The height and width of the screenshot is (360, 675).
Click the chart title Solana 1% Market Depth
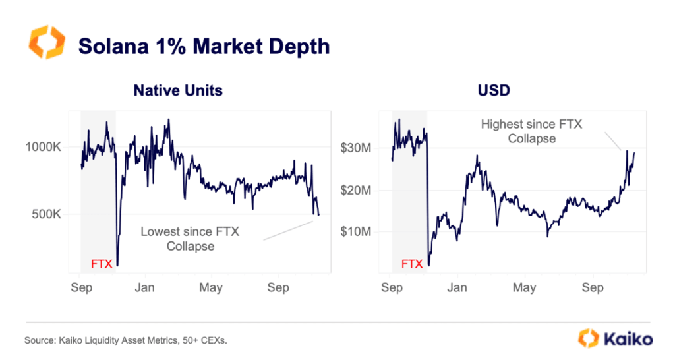pos(204,46)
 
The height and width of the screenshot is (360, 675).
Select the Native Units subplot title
pos(178,90)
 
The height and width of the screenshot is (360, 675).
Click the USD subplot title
pos(494,90)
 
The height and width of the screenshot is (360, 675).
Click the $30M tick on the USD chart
pos(356,148)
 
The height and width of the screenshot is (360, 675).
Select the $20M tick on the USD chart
pos(356,190)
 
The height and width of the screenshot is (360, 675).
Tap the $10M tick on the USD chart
pos(356,231)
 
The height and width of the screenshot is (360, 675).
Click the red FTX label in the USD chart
pos(412,264)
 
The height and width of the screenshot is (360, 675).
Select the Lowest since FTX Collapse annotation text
pos(191,239)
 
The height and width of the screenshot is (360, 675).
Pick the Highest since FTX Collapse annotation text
pos(531,131)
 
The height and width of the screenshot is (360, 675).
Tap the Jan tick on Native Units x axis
pos(144,287)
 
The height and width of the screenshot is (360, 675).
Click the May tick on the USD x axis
pos(524,287)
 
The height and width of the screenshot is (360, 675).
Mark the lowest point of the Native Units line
pos(117,265)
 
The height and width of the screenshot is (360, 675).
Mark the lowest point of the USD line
pos(428,265)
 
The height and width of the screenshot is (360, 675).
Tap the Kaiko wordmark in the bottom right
pos(628,339)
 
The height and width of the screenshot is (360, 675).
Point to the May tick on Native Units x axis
pos(211,287)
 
